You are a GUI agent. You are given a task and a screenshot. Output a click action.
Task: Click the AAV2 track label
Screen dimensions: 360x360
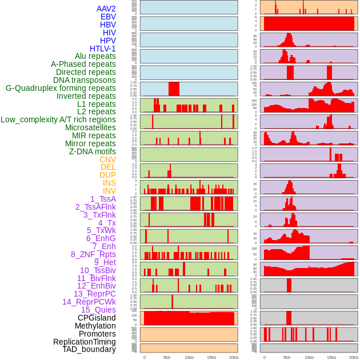coord(106,9)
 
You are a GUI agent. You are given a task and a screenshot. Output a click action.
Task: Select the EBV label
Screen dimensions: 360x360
coord(108,17)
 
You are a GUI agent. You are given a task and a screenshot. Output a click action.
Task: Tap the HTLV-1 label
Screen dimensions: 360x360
coord(102,49)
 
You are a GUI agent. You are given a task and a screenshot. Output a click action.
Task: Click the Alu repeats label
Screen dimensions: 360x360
coord(95,56)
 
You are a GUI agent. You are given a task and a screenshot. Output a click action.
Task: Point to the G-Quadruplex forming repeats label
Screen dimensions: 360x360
coord(61,88)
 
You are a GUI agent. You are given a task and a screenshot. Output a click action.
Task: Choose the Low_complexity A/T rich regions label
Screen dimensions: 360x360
coord(58,119)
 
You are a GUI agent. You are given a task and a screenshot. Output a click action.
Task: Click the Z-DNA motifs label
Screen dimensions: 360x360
coord(92,151)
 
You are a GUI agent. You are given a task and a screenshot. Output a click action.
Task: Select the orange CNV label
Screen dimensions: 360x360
coord(107,159)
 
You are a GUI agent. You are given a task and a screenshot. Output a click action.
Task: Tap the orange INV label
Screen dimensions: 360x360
coord(109,191)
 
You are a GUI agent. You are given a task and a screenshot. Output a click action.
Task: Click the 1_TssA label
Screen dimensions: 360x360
coord(103,199)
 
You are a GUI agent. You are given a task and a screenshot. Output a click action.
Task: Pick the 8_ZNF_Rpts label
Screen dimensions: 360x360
coord(93,254)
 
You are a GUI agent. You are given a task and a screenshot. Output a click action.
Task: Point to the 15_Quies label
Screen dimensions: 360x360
coord(98,310)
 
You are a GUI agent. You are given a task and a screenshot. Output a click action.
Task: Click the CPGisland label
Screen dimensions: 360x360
coord(97,318)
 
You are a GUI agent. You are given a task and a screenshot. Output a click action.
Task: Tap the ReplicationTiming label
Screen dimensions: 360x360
coord(84,342)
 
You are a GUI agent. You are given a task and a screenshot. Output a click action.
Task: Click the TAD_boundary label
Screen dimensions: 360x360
coord(89,349)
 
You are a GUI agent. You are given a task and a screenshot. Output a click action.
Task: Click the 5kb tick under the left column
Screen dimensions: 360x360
coord(167,357)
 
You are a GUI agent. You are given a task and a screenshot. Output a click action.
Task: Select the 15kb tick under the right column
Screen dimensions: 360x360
coord(331,357)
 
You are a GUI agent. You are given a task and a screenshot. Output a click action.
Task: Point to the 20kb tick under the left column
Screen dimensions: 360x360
coord(233,357)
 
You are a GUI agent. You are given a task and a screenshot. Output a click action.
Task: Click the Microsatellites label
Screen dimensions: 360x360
coord(90,127)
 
